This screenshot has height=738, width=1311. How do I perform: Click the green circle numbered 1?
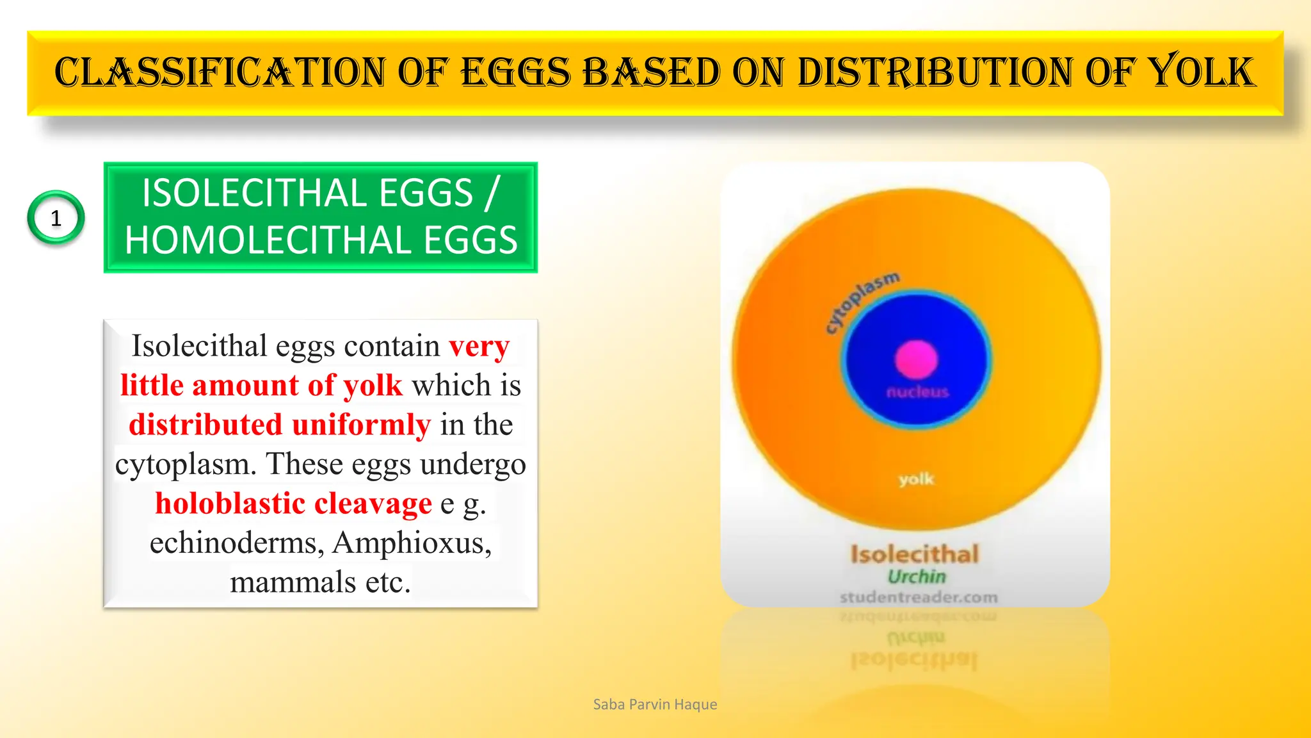tap(56, 218)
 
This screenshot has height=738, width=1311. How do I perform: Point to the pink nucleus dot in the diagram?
tap(916, 359)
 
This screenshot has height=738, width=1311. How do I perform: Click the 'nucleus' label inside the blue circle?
tap(917, 392)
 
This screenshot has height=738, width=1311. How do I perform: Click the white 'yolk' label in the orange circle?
tap(916, 479)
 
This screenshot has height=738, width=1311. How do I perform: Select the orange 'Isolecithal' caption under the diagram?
tap(915, 554)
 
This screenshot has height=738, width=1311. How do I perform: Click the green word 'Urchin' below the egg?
tap(916, 577)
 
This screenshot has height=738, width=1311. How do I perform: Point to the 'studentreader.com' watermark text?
tap(919, 597)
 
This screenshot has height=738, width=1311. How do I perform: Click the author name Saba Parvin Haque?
tap(655, 705)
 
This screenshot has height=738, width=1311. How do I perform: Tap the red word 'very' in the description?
tap(479, 347)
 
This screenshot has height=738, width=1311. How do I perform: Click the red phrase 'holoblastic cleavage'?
tap(293, 504)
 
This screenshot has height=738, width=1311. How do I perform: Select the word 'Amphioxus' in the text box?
tap(412, 543)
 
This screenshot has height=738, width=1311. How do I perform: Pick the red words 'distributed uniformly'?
tap(280, 425)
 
